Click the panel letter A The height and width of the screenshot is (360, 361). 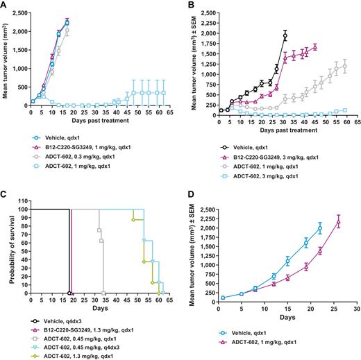[x=5, y=5]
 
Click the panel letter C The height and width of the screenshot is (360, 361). [x=5, y=197]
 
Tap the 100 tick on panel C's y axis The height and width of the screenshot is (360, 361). [x=21, y=209]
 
